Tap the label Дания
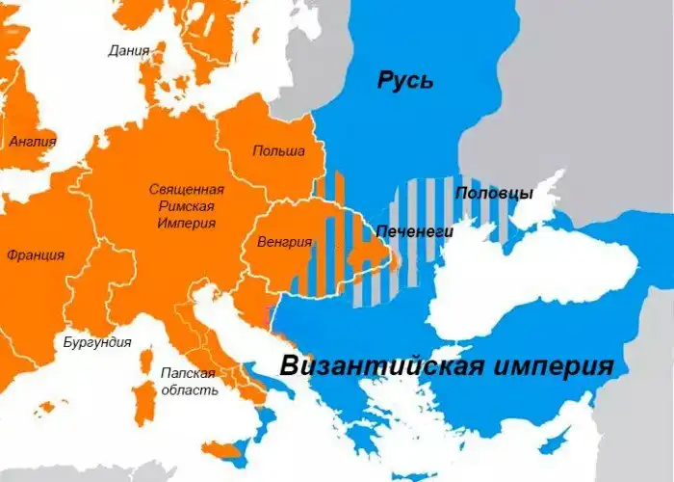tap(129, 50)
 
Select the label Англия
tap(32, 142)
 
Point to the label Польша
tap(278, 151)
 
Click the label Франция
tap(36, 255)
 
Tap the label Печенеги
tap(414, 232)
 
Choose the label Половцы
tap(494, 193)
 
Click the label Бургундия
tap(96, 342)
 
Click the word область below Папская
tap(189, 390)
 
